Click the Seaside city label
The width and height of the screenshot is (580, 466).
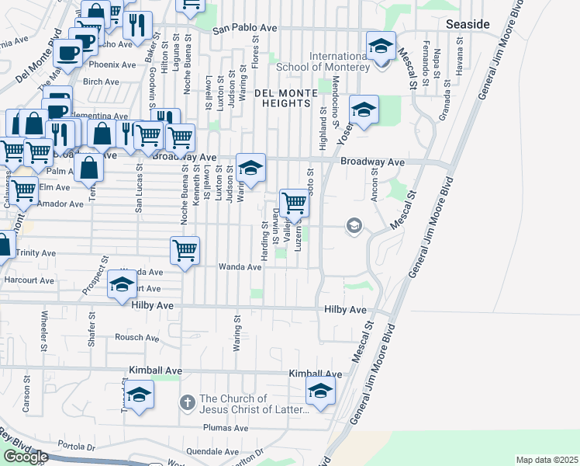[x=468, y=25]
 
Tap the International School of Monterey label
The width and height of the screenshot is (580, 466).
[x=338, y=62]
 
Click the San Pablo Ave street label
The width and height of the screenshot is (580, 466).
[x=245, y=28]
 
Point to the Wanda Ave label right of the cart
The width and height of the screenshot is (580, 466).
[x=244, y=267]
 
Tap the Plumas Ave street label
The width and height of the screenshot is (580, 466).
[x=225, y=428]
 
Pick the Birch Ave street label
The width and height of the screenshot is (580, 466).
[x=101, y=82]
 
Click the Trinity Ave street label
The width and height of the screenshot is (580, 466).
[x=36, y=253]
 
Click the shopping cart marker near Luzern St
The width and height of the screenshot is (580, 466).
[x=295, y=203]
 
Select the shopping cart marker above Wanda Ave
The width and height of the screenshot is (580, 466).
[x=185, y=250]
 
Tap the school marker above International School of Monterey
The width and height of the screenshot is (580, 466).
[x=381, y=45]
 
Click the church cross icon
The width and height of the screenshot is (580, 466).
[x=186, y=402]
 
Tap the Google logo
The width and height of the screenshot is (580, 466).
[x=25, y=457]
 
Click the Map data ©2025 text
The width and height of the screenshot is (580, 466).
[x=547, y=460]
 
